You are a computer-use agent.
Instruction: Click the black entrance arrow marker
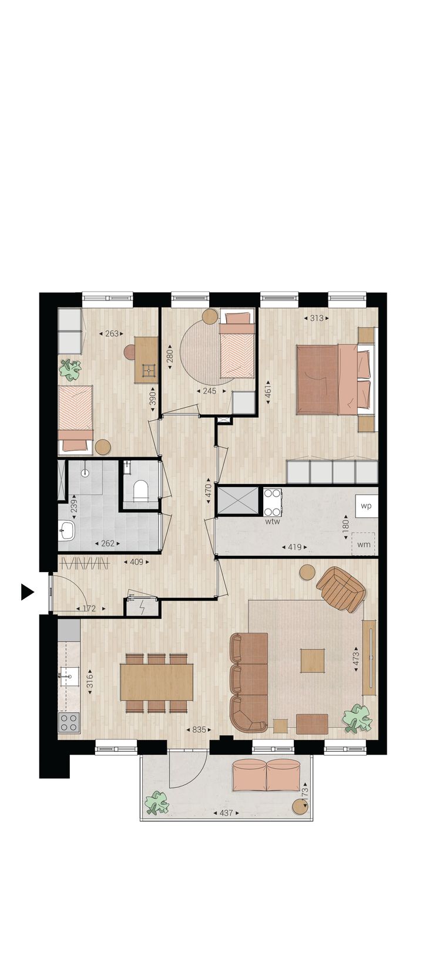point(26,591)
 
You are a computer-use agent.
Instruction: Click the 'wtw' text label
point(272,521)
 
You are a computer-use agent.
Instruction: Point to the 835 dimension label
point(199,730)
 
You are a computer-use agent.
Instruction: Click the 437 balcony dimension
point(226,813)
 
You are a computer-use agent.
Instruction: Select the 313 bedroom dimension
point(317,319)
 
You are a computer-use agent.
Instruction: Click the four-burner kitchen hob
point(69,721)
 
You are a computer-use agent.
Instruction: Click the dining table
point(157,681)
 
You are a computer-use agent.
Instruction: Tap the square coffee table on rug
point(313,660)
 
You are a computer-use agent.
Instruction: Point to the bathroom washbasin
point(66,532)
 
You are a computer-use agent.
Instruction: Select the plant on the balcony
point(157,802)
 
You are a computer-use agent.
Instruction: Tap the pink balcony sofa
point(267,775)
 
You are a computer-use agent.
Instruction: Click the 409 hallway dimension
point(136,562)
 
